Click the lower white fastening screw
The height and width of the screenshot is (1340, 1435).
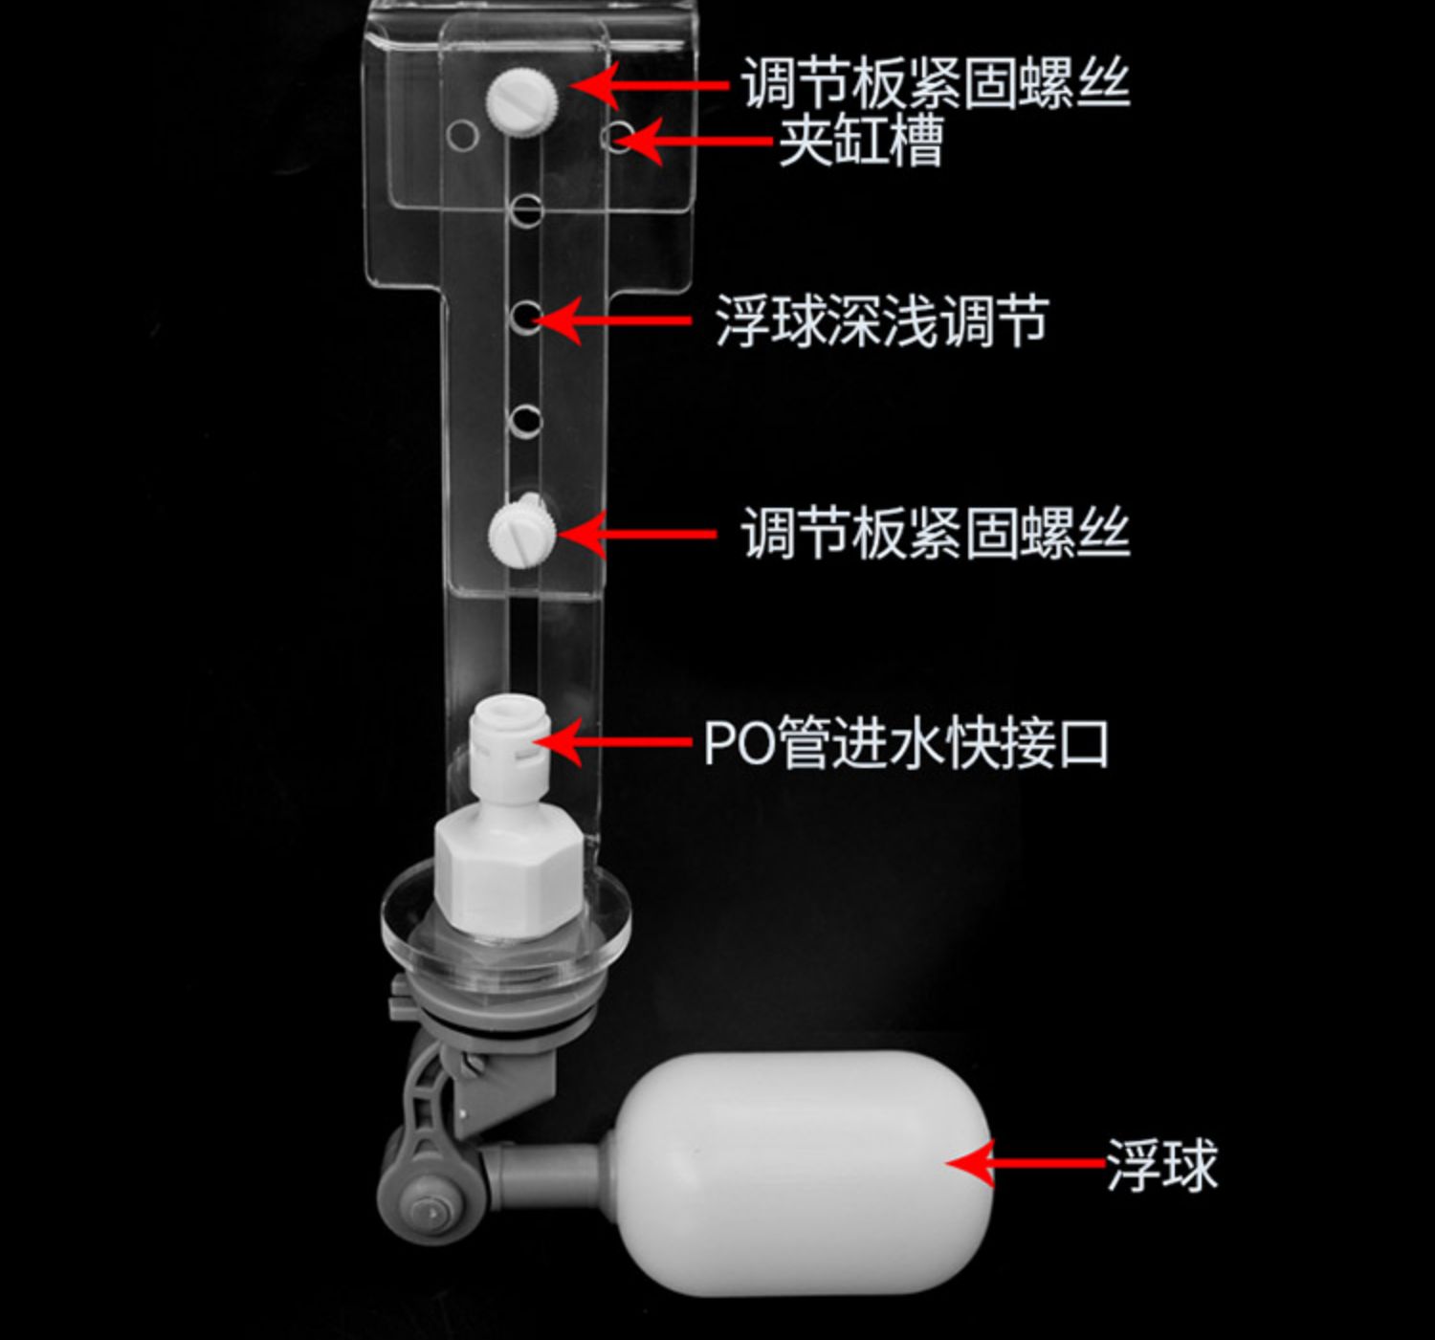point(522,534)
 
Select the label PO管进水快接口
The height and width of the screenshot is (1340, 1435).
point(906,743)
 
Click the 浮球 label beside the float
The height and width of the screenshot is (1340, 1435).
point(1162,1166)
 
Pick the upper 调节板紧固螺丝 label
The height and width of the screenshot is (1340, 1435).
point(937,85)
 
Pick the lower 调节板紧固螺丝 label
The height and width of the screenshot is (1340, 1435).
point(936,534)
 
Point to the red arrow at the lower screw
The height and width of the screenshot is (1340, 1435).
point(637,535)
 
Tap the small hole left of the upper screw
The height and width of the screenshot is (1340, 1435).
point(463,135)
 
